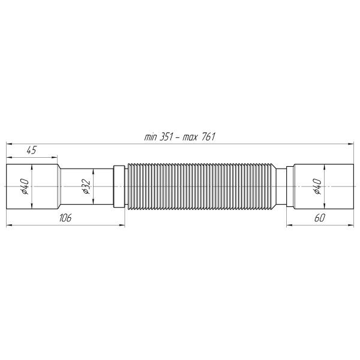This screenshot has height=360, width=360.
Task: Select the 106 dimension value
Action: point(65,218)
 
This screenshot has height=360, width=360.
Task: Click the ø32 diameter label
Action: point(86,187)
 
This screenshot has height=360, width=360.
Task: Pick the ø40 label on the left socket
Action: point(25,187)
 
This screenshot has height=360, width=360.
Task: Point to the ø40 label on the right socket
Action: point(317,187)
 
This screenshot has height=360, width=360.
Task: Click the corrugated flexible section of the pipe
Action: point(201,187)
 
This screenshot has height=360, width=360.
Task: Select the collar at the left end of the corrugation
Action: point(119,187)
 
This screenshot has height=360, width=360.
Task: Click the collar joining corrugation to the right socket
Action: point(283,187)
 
